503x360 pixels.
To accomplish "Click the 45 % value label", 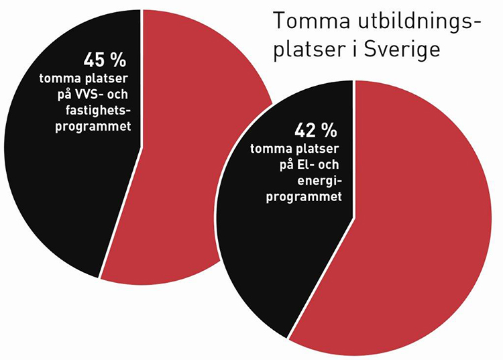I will pyautogui.click(x=105, y=60).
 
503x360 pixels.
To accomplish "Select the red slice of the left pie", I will pyautogui.click(x=194, y=168).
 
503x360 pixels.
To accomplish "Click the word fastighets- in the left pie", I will pyautogui.click(x=99, y=110).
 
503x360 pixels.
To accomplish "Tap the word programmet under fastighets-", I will pyautogui.click(x=93, y=125).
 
